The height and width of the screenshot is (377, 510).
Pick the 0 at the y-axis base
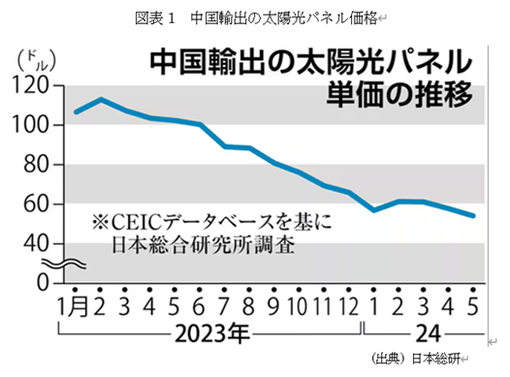[x=44, y=282]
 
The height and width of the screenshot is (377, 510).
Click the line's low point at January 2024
[x=374, y=209]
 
